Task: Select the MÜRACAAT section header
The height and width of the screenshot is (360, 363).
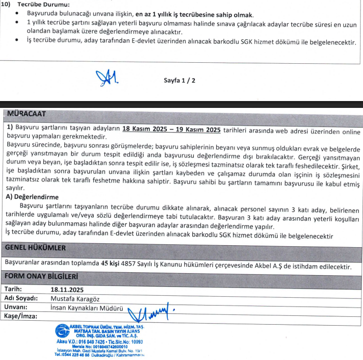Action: pos(26,114)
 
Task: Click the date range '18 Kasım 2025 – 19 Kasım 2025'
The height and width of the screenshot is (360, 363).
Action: pos(171,129)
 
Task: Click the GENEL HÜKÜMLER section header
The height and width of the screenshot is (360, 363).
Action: pos(35,248)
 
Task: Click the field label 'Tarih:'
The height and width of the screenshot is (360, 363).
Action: pos(14,289)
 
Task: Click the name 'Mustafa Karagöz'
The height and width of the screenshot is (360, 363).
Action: pos(76,298)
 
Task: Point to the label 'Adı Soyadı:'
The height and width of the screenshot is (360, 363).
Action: pos(21,298)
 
